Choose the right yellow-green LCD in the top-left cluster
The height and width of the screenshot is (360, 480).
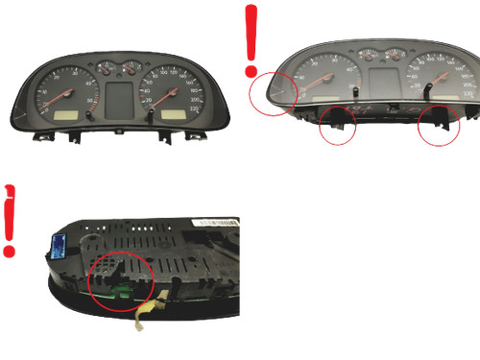click(x=174, y=113)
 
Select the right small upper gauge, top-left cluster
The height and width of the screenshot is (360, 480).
click(x=131, y=67)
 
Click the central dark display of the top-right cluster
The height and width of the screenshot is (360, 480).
click(x=383, y=81)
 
